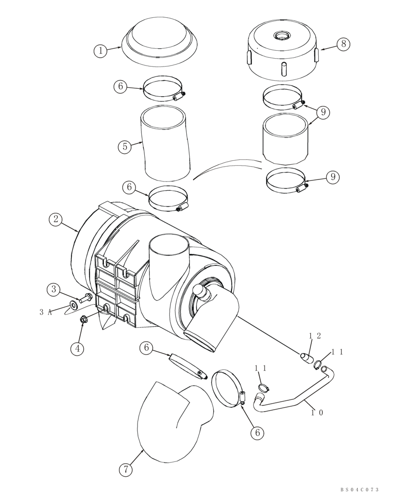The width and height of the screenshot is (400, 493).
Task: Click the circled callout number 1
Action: click(100, 50)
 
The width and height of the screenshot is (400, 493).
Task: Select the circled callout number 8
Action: click(343, 44)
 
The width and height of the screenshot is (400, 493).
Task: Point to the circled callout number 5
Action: click(125, 146)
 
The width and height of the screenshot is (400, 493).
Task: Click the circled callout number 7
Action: click(125, 470)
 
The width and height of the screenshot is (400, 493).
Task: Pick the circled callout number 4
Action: click(76, 349)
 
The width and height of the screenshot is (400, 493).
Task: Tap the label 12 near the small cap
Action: click(315, 336)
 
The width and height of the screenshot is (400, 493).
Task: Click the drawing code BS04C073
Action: click(359, 489)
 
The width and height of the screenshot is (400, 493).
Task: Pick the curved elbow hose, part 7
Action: click(167, 414)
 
